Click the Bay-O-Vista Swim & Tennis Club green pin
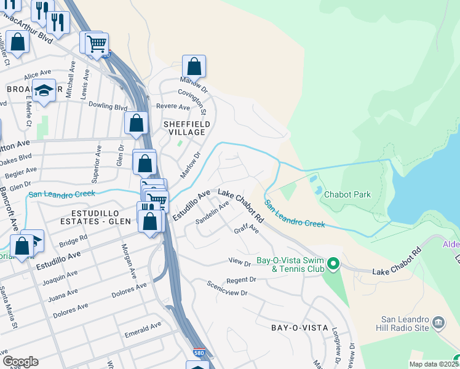click(333, 264)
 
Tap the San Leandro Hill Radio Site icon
click(438, 323)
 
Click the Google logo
click(20, 362)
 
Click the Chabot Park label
click(347, 194)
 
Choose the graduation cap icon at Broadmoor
click(44, 90)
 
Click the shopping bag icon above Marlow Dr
click(194, 66)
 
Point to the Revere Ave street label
click(173, 107)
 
